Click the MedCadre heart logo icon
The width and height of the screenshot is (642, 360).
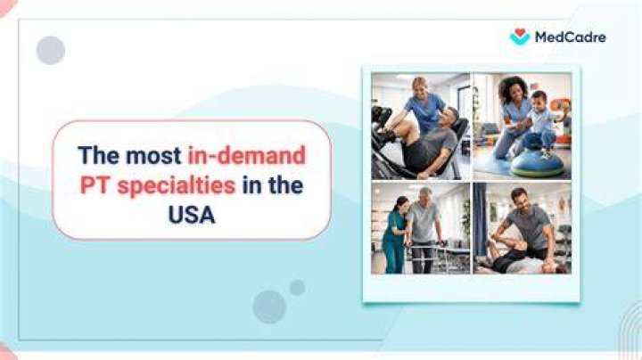pos(520,37)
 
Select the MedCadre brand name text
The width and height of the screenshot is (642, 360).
pos(571,37)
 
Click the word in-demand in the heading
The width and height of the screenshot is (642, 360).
pos(246,155)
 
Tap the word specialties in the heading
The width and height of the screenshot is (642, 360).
pos(177,186)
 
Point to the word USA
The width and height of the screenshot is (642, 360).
pos(192,215)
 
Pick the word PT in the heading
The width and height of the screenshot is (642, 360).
pos(95,185)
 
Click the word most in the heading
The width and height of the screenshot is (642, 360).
pos(153,156)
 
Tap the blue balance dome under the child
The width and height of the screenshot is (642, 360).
pos(537,165)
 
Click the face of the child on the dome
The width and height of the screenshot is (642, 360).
pos(539,100)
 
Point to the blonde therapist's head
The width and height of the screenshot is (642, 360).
pos(422,86)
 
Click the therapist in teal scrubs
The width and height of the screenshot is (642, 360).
pos(394,234)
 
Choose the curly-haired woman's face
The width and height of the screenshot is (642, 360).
pos(510,94)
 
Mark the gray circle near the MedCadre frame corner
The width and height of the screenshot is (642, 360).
pos(50,50)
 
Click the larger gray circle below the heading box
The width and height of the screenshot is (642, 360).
pos(269,307)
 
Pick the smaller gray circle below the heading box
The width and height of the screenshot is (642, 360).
pos(297,288)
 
